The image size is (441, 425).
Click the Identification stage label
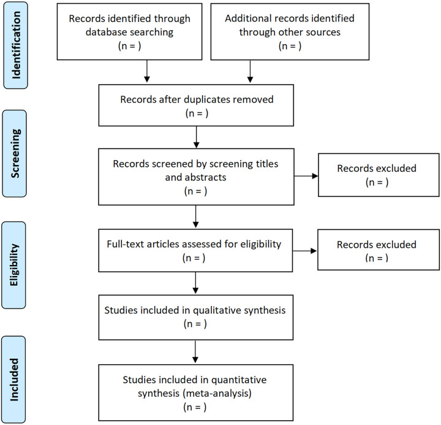coord(16,45)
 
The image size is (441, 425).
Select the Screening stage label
coord(15,153)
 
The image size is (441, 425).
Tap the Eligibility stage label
coord(14,265)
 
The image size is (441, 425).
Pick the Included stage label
coord(14,380)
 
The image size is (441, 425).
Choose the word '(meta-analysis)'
coord(217,393)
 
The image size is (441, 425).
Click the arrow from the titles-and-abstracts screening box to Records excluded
coord(306,176)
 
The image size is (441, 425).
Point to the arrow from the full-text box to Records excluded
coord(304,251)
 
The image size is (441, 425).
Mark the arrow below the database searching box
coord(146,71)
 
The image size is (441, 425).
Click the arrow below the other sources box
coord(250,71)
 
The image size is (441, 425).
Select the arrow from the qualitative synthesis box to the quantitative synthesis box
coord(195,351)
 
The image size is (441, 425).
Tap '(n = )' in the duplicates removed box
coord(197,113)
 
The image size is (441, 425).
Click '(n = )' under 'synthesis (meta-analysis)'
coord(195,407)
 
